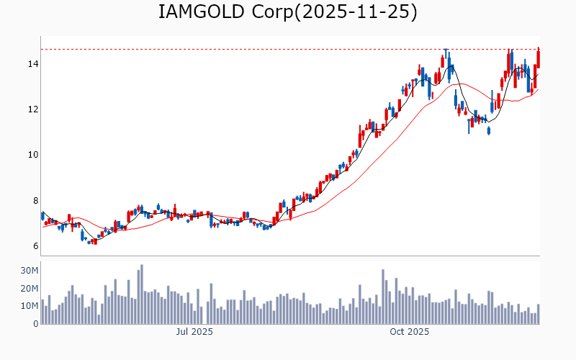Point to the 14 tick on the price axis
click(x=31, y=64)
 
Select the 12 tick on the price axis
click(x=31, y=109)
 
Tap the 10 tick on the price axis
click(x=31, y=155)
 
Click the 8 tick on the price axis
click(x=33, y=201)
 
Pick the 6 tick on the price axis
click(x=33, y=246)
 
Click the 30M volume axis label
click(x=29, y=271)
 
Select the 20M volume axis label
click(x=29, y=289)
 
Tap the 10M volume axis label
click(x=29, y=306)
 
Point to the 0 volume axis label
click(x=35, y=324)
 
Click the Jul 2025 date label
click(x=194, y=332)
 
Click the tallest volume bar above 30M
click(x=142, y=294)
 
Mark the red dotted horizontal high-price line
click(x=288, y=49)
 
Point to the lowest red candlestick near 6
click(x=95, y=242)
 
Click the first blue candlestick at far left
click(x=42, y=216)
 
